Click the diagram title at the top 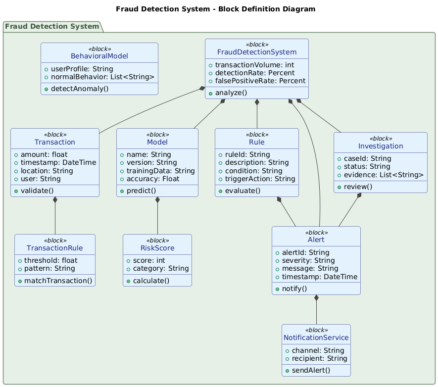(x=219, y=9)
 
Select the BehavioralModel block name (x=99, y=57)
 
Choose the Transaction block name (x=55, y=142)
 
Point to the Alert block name (x=316, y=240)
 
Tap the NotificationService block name (x=316, y=338)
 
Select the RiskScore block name (x=157, y=248)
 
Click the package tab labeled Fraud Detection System (x=52, y=26)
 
